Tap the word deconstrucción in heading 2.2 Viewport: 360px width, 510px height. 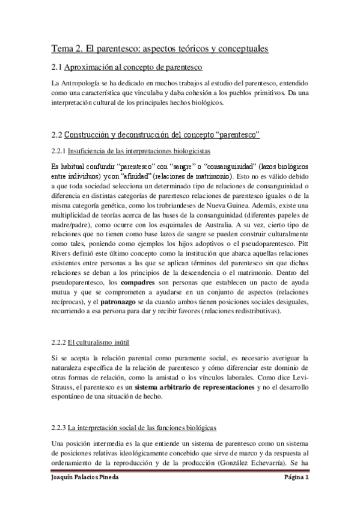pos(139,135)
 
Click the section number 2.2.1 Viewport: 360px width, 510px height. pos(59,150)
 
